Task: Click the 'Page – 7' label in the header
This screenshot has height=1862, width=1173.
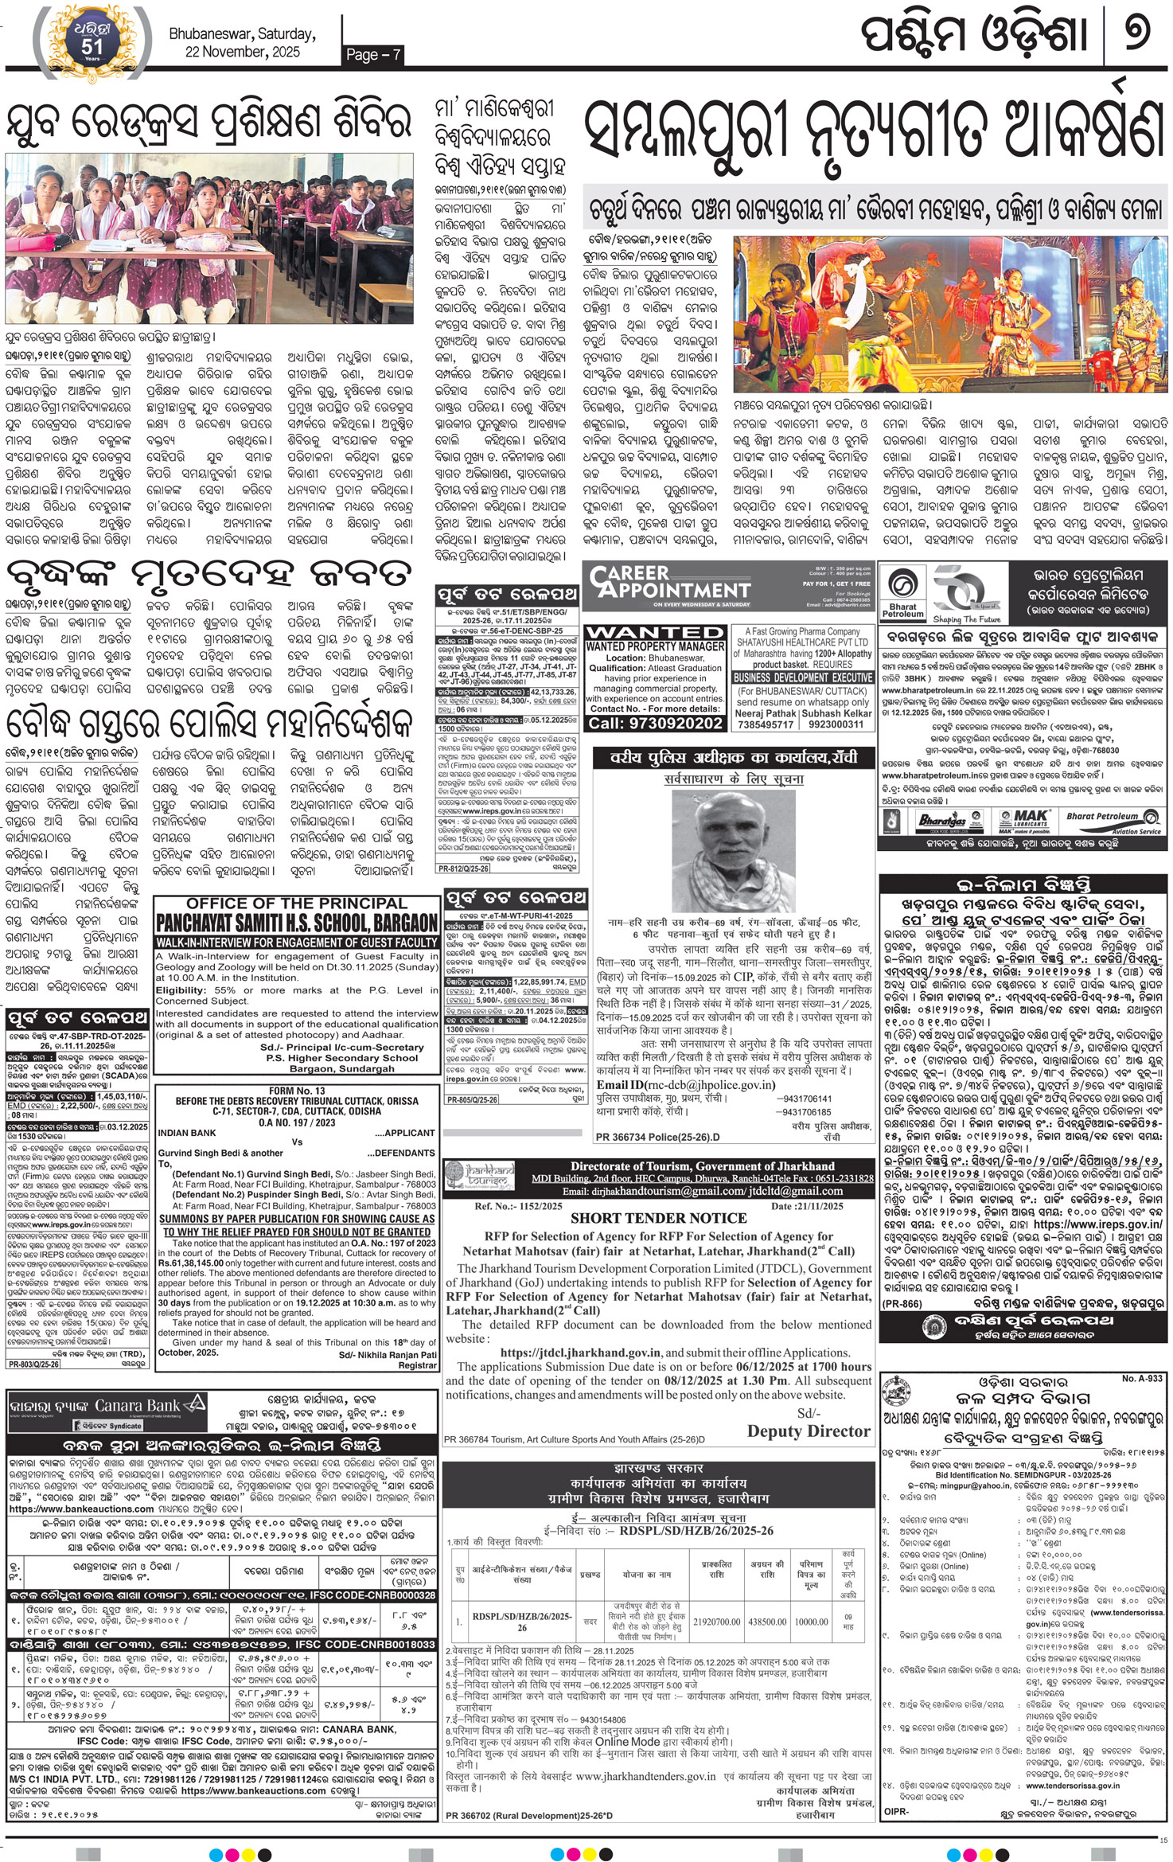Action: click(373, 54)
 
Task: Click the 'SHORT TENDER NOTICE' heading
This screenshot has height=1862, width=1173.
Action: click(658, 1218)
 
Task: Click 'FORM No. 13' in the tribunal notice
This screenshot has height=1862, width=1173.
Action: click(297, 1091)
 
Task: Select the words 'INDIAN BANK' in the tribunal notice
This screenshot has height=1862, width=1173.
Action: click(187, 1132)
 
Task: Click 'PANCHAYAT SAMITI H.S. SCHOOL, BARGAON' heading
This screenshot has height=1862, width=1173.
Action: click(297, 923)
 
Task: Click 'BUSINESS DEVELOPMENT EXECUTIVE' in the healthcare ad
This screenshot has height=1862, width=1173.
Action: click(803, 677)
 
